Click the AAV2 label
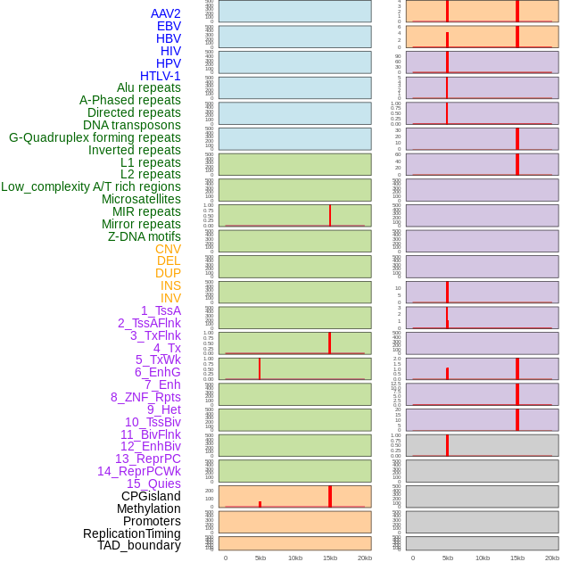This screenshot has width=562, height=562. click(x=166, y=13)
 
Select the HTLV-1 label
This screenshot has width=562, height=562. click(x=161, y=76)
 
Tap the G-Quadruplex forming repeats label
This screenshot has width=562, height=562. click(x=95, y=137)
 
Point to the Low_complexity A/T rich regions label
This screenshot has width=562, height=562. click(x=91, y=186)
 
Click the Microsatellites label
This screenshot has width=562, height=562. click(x=141, y=199)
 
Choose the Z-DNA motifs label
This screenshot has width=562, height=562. click(x=145, y=236)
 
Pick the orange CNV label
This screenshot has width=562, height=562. click(x=168, y=249)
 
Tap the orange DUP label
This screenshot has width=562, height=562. click(x=168, y=273)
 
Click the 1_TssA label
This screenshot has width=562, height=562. click(x=161, y=310)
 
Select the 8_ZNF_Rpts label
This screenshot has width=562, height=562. click(x=145, y=397)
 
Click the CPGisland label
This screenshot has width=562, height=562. click(x=151, y=496)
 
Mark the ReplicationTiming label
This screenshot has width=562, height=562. click(x=132, y=533)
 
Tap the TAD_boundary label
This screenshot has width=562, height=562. click(x=139, y=545)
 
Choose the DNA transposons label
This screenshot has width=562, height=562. click(x=132, y=125)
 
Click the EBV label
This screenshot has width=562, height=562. click(x=169, y=26)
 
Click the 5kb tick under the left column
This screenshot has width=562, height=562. click(x=260, y=558)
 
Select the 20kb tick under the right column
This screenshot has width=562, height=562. click(x=552, y=558)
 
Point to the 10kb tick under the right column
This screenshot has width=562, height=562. click(x=483, y=558)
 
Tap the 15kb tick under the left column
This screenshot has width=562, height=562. click(x=330, y=558)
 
